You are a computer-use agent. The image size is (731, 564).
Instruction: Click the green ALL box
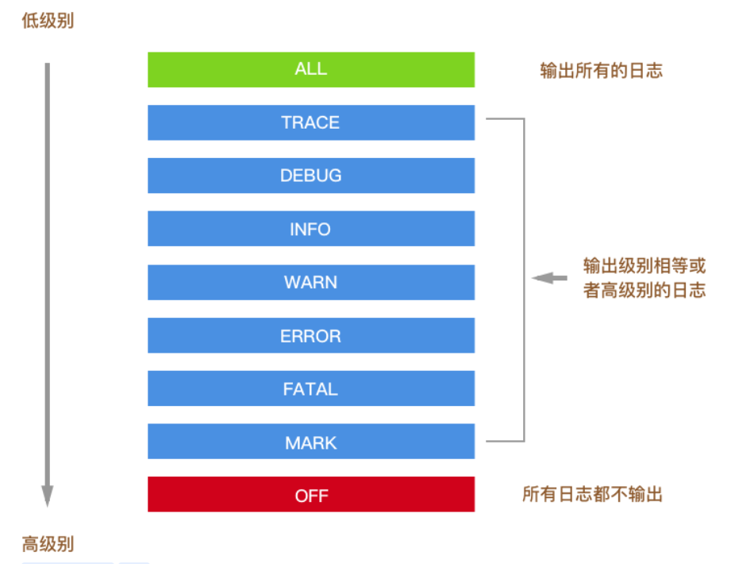(x=310, y=69)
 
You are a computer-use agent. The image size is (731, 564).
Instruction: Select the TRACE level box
(x=310, y=122)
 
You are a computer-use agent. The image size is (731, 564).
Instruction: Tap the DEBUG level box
(x=310, y=176)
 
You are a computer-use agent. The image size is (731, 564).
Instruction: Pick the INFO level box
(x=310, y=229)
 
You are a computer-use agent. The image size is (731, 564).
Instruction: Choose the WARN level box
(x=310, y=282)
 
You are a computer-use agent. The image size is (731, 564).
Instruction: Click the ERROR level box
(x=310, y=335)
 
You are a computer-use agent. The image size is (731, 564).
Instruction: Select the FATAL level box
(x=310, y=388)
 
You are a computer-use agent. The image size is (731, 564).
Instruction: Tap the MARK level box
(x=310, y=442)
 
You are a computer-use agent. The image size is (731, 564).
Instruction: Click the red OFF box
(x=310, y=495)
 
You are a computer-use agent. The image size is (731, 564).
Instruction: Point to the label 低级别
(x=48, y=21)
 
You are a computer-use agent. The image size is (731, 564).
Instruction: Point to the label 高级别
(x=48, y=544)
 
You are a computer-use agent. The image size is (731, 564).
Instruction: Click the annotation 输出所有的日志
(x=601, y=71)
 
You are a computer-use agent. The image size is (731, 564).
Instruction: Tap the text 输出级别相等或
(x=644, y=265)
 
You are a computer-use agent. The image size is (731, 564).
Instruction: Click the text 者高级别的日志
(x=644, y=290)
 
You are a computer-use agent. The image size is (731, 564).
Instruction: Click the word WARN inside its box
(x=310, y=282)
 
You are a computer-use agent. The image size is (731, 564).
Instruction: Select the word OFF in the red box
(x=311, y=496)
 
